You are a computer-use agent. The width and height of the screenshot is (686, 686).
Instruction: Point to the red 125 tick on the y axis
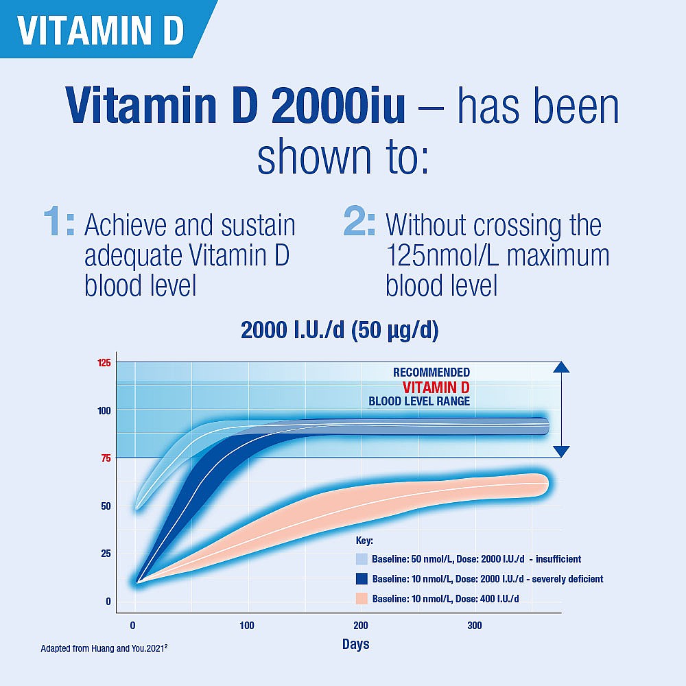104,363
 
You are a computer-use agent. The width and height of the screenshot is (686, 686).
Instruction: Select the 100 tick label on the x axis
247,626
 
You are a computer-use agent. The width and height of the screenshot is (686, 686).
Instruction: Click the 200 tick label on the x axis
361,626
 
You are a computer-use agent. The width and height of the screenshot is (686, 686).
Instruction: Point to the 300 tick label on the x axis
474,626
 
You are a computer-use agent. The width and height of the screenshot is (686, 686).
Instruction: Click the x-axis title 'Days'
355,644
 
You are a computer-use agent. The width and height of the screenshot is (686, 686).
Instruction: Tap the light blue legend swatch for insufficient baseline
362,559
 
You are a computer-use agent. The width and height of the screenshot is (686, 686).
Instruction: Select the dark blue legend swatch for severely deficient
362,579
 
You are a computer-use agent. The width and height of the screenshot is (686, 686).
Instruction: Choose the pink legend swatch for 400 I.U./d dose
362,599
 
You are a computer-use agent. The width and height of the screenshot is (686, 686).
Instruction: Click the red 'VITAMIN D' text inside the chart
436,387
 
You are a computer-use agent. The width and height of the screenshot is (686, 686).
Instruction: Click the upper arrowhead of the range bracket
561,367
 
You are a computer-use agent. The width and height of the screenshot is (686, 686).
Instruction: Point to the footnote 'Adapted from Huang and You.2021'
104,648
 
